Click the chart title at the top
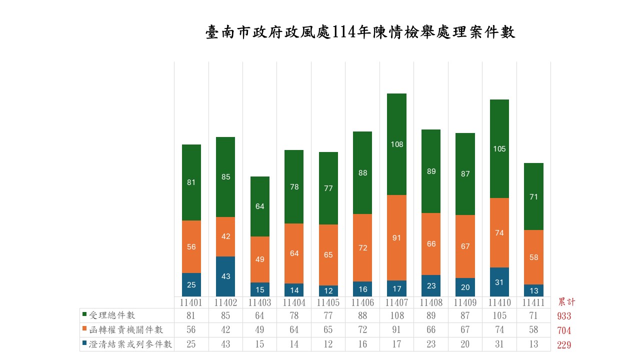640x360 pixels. coord(360,33)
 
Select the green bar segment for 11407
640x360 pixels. coord(397,144)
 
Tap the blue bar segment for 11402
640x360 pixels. coord(226,276)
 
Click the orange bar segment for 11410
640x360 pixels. coord(499,232)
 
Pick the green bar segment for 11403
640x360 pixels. coord(260,206)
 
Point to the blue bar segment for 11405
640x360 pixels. coord(328,290)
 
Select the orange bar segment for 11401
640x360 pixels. coord(191,246)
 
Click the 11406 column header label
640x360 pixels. coord(362,302)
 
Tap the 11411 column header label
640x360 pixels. coord(533,302)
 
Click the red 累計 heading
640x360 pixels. coord(566,302)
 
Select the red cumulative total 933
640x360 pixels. coord(564,316)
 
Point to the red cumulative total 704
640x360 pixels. coord(564,330)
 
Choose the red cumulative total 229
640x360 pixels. coord(564,345)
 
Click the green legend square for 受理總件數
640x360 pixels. coord(84,315)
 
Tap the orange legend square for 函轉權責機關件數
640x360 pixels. coord(84,330)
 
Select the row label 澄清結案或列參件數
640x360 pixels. coord(130,344)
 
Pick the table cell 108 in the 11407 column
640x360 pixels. coord(397,315)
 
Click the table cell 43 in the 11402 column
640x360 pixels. coord(226,344)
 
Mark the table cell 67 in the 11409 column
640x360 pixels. coord(465,330)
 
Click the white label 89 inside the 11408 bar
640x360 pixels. coord(431,171)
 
